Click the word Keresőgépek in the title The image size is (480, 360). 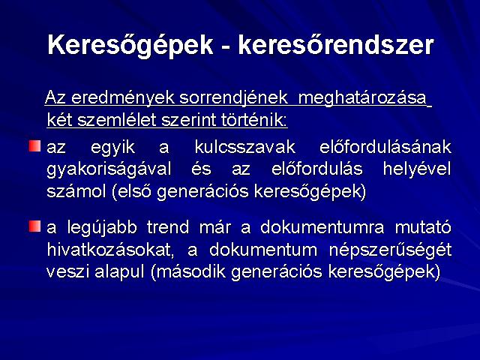[x=130, y=45]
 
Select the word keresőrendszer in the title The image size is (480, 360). [x=336, y=45]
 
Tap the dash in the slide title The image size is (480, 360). [x=226, y=47]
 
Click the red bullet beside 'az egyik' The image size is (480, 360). [x=35, y=145]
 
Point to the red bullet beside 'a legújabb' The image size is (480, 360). [x=35, y=226]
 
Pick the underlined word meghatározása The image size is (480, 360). [x=362, y=98]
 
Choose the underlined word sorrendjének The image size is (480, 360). [x=233, y=98]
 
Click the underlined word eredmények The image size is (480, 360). [x=123, y=98]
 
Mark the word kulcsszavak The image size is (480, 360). [x=245, y=147]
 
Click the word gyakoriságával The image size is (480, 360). [x=109, y=169]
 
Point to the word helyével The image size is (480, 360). [x=417, y=169]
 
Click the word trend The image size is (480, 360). [x=168, y=227]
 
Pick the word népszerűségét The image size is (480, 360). [x=390, y=250]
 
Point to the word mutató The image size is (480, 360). [x=423, y=227]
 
